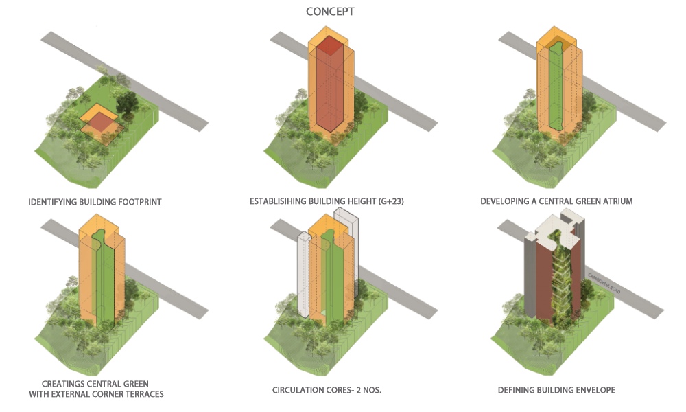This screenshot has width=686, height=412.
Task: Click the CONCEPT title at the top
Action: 330,12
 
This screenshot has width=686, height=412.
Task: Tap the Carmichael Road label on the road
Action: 604,284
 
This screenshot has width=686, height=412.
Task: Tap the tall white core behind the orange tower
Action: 347,249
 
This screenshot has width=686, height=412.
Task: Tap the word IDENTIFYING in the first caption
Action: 53,202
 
